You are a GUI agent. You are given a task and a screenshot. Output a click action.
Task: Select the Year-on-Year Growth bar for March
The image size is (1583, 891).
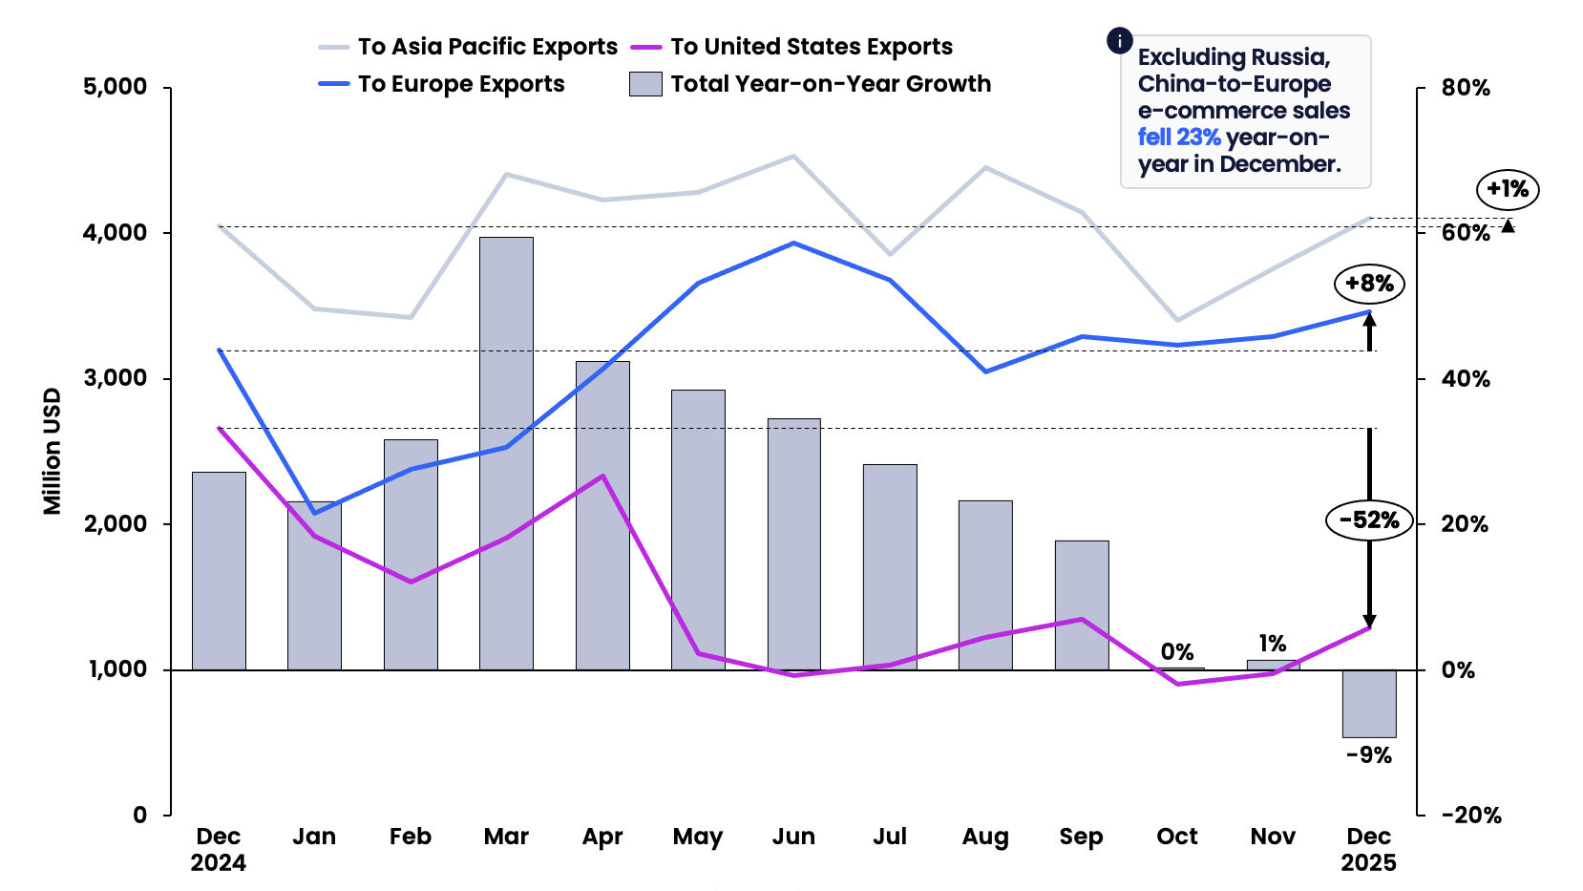[506, 454]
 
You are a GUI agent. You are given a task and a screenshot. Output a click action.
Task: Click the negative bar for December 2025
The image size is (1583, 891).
[1368, 704]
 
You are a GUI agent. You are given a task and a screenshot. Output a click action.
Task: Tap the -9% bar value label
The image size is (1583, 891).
[1368, 755]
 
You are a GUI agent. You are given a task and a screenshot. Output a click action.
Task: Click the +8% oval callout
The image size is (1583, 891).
[1369, 284]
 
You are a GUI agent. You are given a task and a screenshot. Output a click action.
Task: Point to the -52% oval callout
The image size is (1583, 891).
[1368, 520]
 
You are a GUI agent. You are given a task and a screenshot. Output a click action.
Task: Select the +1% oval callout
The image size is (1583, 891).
[1508, 189]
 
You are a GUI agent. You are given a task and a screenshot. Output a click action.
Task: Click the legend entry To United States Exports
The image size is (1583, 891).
[811, 47]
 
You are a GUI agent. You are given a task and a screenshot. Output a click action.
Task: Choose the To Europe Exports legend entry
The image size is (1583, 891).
[460, 84]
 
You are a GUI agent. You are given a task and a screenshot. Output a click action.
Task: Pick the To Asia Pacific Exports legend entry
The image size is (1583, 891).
[487, 47]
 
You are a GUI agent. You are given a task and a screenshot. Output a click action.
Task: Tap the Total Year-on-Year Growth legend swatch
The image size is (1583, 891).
[645, 84]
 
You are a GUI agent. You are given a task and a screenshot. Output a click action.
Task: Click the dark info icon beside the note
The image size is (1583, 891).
[1120, 41]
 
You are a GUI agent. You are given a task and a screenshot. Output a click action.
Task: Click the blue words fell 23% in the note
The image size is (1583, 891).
[1179, 138]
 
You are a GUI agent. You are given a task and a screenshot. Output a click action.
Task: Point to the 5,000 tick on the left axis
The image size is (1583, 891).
[115, 87]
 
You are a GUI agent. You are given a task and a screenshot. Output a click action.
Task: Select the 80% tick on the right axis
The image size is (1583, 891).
[1466, 88]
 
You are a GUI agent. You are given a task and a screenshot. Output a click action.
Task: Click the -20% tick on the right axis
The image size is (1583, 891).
[1471, 816]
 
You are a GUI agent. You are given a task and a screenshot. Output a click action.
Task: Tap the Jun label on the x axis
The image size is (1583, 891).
[793, 837]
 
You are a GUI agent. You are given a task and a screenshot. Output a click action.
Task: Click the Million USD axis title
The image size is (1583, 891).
[52, 451]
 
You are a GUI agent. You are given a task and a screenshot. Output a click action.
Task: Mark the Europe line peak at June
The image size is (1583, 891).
[793, 244]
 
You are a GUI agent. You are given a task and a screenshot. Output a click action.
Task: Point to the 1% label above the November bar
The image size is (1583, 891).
[1272, 644]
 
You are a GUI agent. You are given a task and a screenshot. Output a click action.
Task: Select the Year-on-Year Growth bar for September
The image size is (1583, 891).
[1081, 605]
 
